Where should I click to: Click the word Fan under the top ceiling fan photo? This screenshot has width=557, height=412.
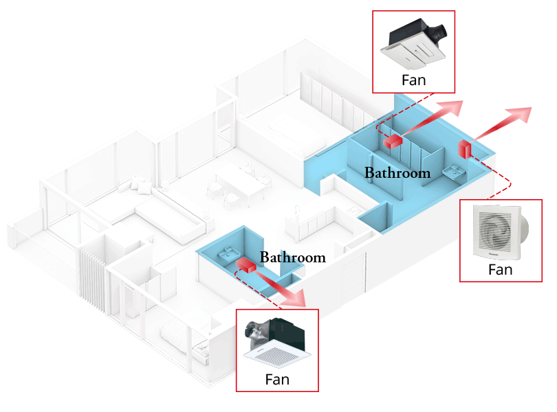coord(413,80)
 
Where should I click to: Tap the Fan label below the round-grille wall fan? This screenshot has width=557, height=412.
coord(500,269)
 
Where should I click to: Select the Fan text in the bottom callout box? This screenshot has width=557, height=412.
coord(277,379)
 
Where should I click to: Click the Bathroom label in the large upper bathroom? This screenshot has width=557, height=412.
coord(397,173)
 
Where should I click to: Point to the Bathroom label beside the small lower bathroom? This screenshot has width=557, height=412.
coord(292,257)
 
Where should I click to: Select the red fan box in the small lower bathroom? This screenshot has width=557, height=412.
coord(245,264)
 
